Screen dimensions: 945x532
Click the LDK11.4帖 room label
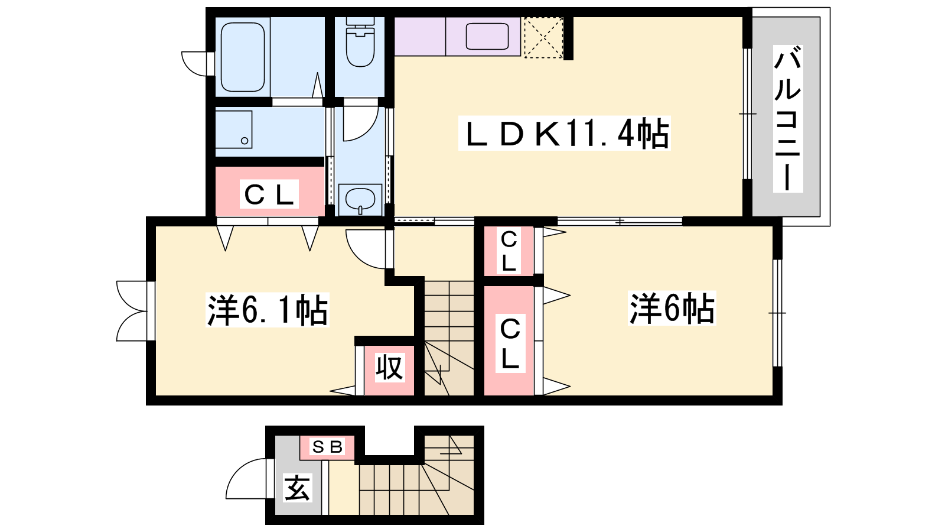[565, 134]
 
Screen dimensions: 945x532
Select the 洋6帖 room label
[672, 308]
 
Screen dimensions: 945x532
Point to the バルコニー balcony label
[788, 119]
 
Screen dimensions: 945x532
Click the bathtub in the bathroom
[243, 57]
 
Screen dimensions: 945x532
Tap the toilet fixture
[360, 41]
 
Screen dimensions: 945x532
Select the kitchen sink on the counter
[487, 36]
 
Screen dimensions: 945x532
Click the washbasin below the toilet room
[360, 199]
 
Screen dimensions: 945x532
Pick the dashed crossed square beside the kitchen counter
[543, 37]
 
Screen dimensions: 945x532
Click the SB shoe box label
[327, 446]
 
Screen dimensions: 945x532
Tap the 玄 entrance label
[298, 488]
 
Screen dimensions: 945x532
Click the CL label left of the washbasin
[269, 194]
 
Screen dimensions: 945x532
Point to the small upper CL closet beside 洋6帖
[509, 251]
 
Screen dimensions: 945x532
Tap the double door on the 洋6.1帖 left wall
[132, 311]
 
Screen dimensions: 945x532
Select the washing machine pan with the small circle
[234, 129]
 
